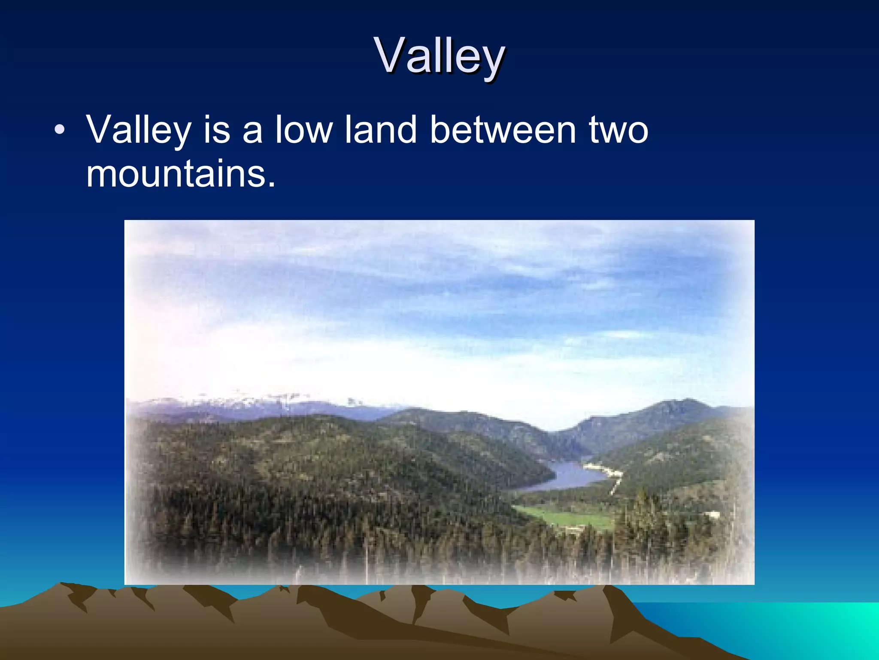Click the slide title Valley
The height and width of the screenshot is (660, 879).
click(x=439, y=56)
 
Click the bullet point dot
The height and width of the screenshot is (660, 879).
click(x=60, y=130)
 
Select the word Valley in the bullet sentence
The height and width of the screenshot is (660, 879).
click(x=138, y=131)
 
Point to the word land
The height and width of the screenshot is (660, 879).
click(x=381, y=130)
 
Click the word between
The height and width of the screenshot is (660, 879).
click(x=503, y=130)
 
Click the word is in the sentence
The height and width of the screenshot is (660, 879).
click(x=217, y=130)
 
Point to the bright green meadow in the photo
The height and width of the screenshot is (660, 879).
click(x=567, y=518)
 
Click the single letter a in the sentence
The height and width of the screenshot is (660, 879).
click(x=252, y=131)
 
